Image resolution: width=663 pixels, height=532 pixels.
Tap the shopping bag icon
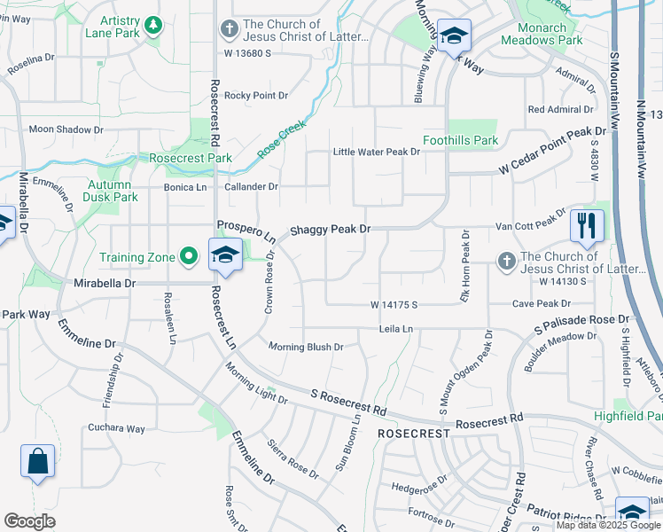pyautogui.click(x=37, y=461)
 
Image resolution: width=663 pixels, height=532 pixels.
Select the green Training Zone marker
pyautogui.click(x=188, y=257)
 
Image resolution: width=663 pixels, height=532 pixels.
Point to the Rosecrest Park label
pyautogui.click(x=191, y=158)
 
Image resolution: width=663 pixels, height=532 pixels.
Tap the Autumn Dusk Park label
pyautogui.click(x=112, y=191)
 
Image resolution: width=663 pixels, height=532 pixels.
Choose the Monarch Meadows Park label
pyautogui.click(x=542, y=34)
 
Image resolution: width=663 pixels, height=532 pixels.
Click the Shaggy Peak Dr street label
pyautogui.click(x=331, y=229)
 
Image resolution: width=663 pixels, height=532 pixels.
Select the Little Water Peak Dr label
pyautogui.click(x=376, y=152)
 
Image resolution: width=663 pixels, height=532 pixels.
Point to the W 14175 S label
pyautogui.click(x=394, y=304)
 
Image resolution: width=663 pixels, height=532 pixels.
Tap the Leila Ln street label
pyautogui.click(x=396, y=329)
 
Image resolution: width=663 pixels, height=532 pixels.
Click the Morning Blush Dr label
pyautogui.click(x=306, y=347)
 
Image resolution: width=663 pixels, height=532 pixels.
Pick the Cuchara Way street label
pyautogui.click(x=116, y=428)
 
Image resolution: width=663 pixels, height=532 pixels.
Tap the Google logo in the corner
pyautogui.click(x=30, y=520)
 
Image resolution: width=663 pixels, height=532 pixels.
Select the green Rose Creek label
pyautogui.click(x=281, y=140)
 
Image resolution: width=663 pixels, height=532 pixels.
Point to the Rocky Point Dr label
pyautogui.click(x=256, y=95)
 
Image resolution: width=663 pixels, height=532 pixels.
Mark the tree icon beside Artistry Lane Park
pyautogui.click(x=154, y=24)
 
